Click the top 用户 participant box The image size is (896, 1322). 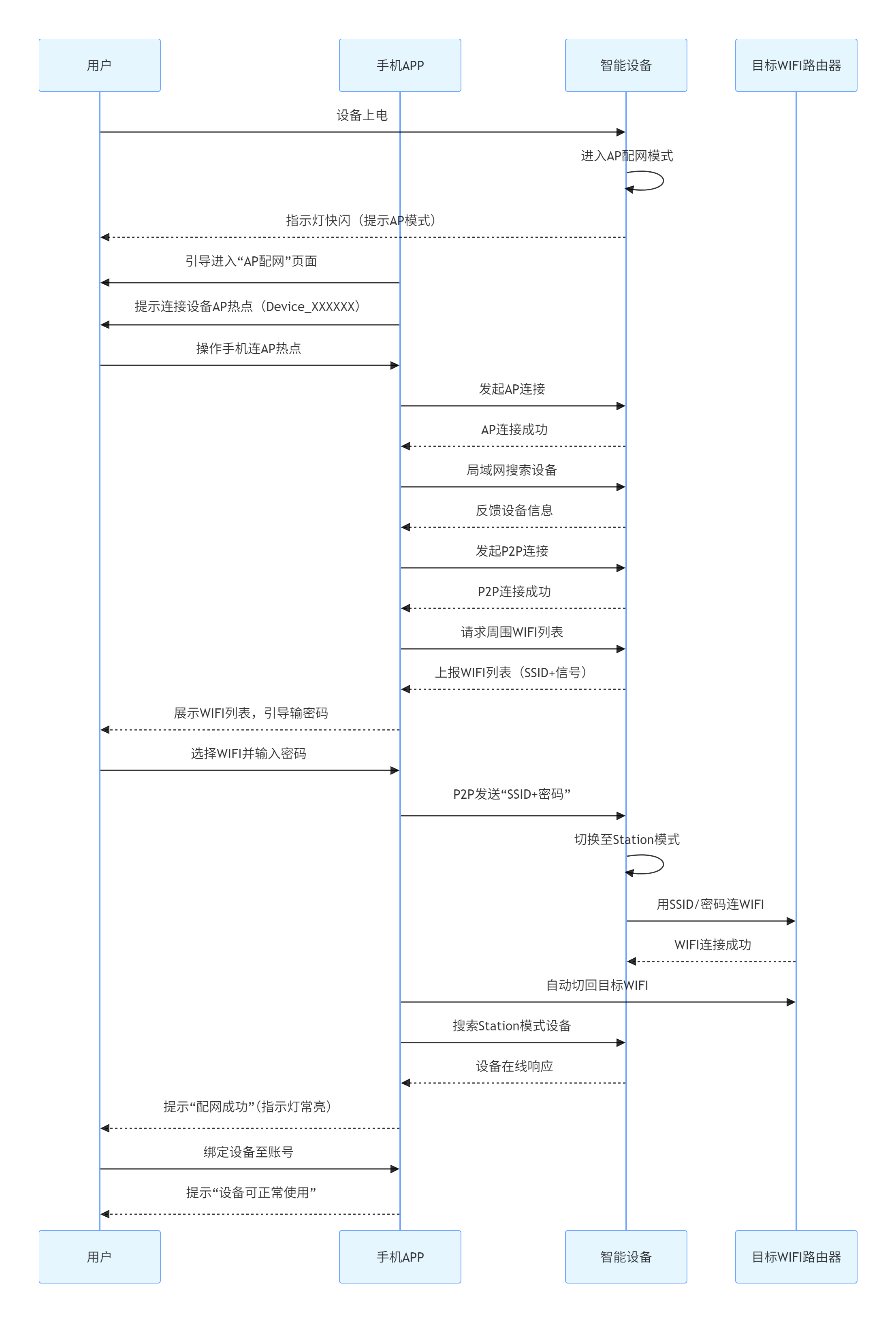(100, 66)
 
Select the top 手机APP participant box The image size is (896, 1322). (400, 66)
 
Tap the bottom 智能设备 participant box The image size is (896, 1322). (626, 1256)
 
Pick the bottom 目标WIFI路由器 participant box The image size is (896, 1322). (796, 1256)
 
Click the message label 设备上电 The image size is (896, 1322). (362, 115)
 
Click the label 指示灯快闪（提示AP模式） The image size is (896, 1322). (362, 221)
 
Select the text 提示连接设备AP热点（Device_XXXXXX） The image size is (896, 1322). (248, 307)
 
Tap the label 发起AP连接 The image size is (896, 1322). (512, 389)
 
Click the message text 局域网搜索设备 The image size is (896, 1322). (512, 470)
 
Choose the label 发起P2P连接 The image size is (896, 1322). (512, 551)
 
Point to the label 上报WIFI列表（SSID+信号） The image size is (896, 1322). (512, 672)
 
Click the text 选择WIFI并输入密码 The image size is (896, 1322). (249, 754)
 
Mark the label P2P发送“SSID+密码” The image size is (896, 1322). (512, 794)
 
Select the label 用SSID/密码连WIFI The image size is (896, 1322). (710, 904)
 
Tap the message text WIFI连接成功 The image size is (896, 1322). (712, 945)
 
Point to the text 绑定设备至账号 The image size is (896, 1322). (249, 1152)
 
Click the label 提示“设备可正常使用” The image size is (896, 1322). (251, 1192)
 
